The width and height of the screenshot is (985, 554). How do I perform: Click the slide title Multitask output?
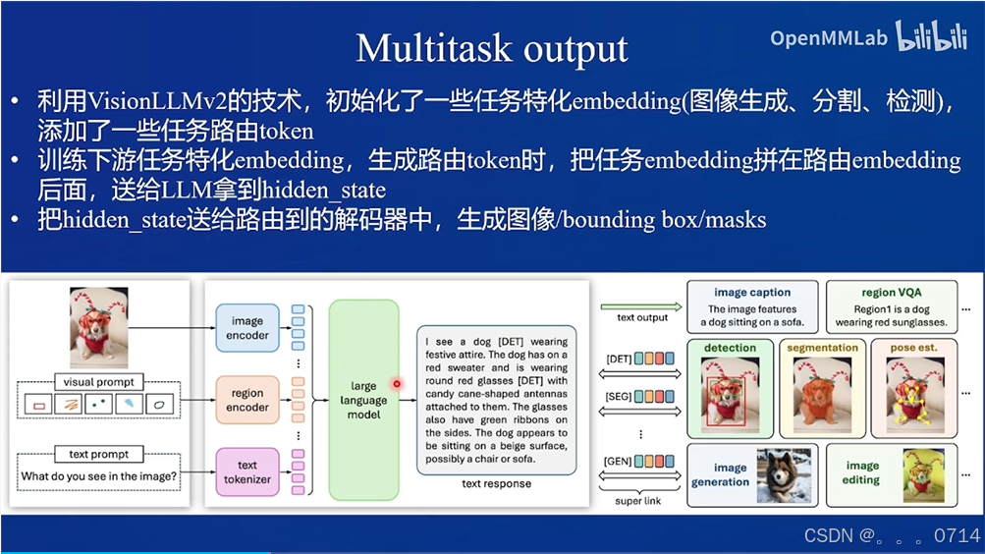(x=491, y=48)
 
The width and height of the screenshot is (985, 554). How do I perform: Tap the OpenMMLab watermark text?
(x=829, y=38)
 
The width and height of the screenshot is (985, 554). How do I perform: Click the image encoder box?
(x=247, y=327)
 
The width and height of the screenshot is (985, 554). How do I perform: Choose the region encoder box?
(x=247, y=400)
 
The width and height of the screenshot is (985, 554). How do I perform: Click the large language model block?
(x=364, y=400)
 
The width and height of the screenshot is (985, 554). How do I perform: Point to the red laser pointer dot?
(x=397, y=384)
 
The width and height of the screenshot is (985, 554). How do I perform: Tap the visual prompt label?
(x=99, y=381)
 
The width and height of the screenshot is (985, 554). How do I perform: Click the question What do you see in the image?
(x=99, y=477)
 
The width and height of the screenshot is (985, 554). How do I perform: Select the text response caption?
(x=496, y=484)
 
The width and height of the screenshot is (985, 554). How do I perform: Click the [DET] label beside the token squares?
(x=619, y=359)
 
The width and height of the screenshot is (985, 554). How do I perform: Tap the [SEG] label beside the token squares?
(x=619, y=397)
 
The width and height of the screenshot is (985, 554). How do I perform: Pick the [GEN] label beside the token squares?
(x=619, y=460)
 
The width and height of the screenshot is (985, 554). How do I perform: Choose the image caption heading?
(x=752, y=293)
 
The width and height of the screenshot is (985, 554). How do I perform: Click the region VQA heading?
(x=893, y=293)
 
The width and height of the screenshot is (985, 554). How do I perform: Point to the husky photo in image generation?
(x=784, y=475)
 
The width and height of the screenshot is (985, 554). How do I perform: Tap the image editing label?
(x=861, y=472)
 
